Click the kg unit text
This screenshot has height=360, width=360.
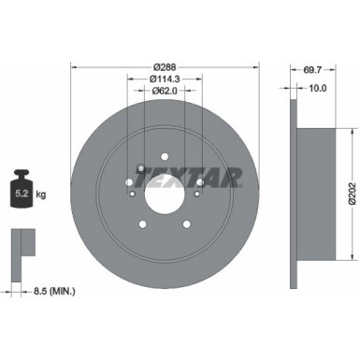point(43,196)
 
